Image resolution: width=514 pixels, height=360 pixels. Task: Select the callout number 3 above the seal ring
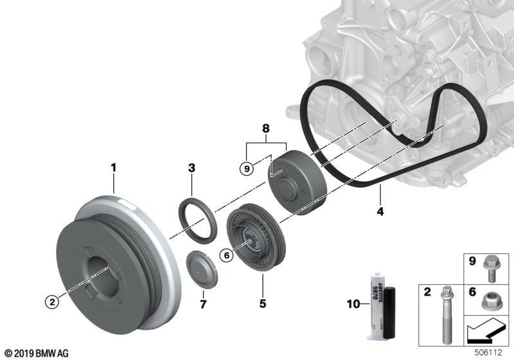pyautogui.click(x=191, y=168)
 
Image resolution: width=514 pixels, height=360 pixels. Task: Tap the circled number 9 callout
pyautogui.click(x=245, y=168)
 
